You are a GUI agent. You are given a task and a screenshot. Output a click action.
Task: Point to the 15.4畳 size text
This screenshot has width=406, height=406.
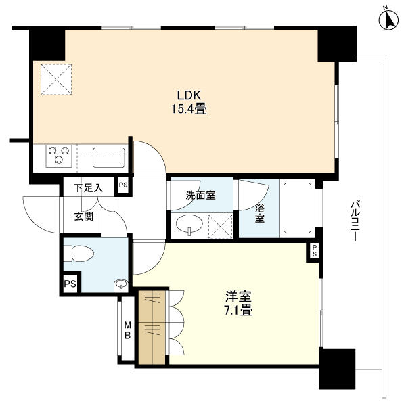click(191, 108)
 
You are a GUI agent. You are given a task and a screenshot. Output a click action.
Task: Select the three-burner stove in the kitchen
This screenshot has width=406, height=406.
click(58, 156)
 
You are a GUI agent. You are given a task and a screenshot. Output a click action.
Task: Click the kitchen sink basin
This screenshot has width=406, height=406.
click(108, 157)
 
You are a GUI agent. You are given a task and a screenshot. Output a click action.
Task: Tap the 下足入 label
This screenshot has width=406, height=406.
click(88, 187)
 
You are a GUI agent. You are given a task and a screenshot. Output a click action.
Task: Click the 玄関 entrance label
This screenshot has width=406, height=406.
click(83, 217)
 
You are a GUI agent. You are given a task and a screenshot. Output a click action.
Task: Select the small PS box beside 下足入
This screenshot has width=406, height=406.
click(122, 185)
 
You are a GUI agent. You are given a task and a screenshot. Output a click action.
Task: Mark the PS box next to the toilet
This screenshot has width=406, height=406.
click(70, 284)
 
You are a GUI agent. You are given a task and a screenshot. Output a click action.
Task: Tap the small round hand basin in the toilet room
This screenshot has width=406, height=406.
click(121, 284)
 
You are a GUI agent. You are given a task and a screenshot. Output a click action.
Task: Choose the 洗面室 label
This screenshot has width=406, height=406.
click(200, 196)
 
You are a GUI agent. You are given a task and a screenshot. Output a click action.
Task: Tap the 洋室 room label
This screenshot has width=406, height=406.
click(239, 296)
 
